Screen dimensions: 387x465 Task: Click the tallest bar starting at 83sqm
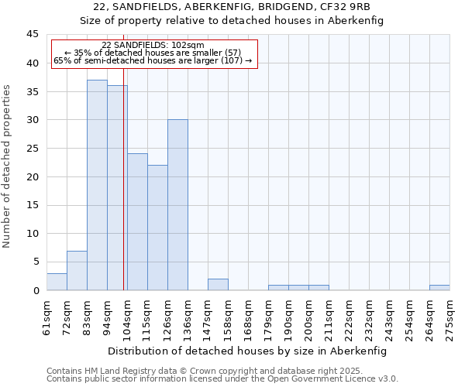(97, 185)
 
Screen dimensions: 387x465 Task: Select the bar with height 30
(177, 205)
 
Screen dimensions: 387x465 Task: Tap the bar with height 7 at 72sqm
(77, 270)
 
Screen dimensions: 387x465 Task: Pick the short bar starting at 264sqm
(439, 287)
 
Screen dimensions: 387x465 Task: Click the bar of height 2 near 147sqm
(218, 284)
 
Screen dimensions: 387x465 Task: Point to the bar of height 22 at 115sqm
(157, 228)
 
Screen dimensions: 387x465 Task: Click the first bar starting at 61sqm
(57, 282)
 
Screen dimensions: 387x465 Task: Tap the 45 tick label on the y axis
(33, 35)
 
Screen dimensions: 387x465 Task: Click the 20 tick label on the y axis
(33, 176)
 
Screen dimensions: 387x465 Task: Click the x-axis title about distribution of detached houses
(246, 351)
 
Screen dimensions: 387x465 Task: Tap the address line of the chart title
(232, 7)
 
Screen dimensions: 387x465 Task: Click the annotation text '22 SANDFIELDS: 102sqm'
(153, 45)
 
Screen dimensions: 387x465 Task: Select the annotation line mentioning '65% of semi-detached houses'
(153, 60)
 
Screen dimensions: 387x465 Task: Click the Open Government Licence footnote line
(222, 379)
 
